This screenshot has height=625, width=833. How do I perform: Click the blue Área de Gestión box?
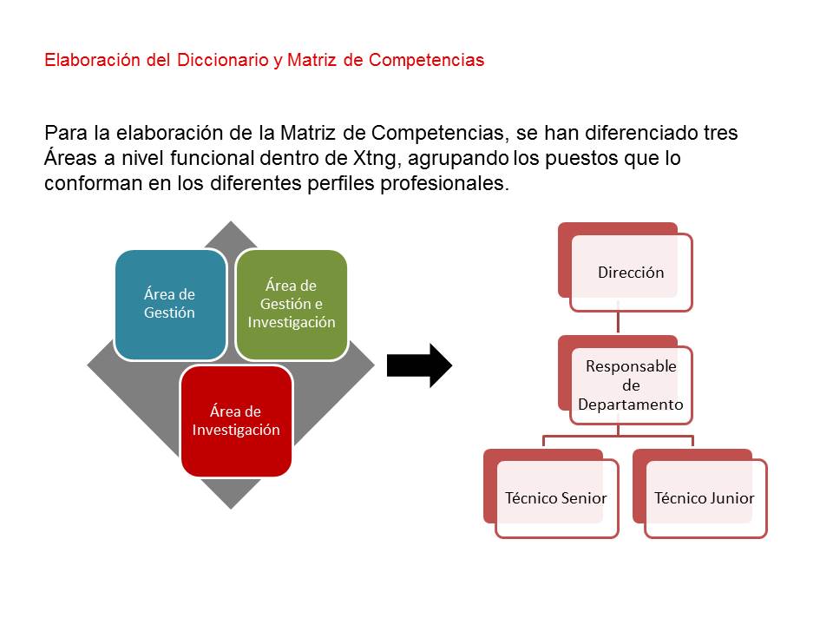click(170, 305)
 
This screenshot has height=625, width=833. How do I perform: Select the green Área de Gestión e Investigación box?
click(292, 305)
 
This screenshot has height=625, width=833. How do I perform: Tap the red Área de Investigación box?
click(236, 420)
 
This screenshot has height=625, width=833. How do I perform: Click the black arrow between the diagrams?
click(419, 365)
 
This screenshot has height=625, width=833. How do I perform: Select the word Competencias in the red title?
click(427, 61)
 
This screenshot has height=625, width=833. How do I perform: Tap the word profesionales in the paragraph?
click(444, 183)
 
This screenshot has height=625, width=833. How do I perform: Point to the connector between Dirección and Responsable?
click(618, 318)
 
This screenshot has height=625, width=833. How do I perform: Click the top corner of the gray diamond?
click(231, 221)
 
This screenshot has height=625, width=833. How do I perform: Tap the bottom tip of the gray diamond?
click(231, 509)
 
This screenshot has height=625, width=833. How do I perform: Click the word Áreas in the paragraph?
click(70, 157)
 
